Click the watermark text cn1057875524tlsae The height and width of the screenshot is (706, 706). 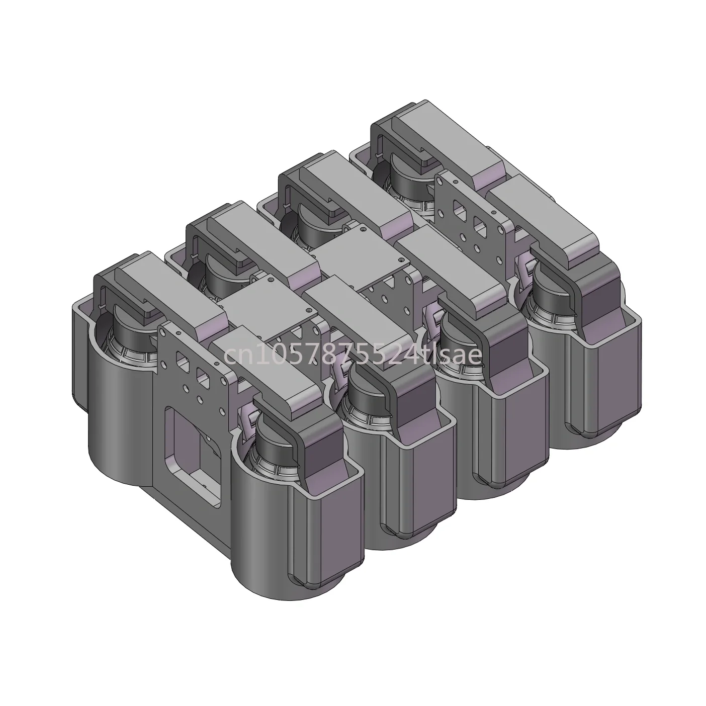click(352, 355)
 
